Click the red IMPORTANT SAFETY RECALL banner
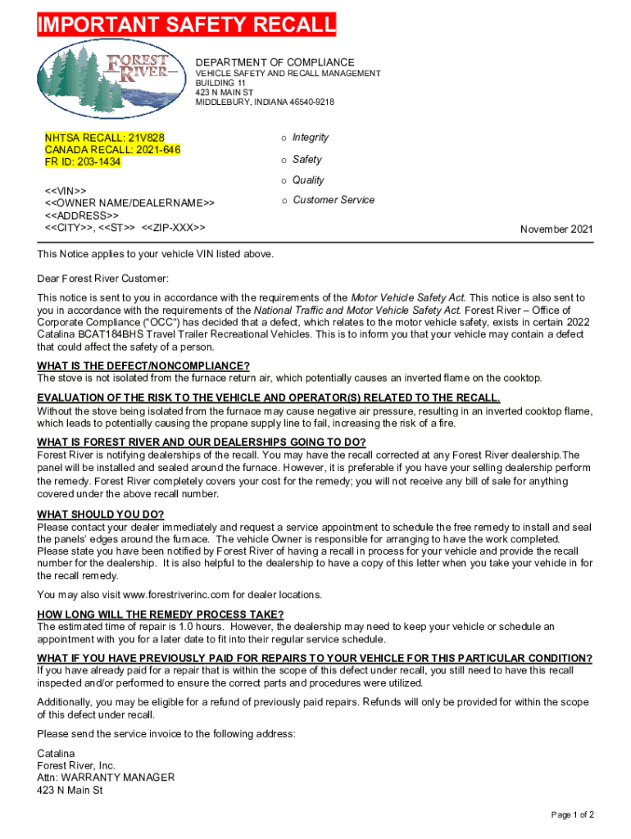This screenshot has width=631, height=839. point(187,25)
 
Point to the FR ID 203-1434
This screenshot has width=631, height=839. point(98,161)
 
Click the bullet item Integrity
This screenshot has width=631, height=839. point(311,138)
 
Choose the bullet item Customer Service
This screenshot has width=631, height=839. point(334,200)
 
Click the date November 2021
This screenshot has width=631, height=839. point(556,230)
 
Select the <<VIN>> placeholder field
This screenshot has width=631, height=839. point(65,191)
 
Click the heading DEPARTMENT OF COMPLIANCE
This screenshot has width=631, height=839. point(275,62)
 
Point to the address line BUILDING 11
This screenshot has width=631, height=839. point(220,83)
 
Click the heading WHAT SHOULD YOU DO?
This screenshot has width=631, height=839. point(101,515)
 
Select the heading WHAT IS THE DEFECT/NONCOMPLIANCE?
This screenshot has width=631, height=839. point(143,365)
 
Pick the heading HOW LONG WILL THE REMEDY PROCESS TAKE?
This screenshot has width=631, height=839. point(161,615)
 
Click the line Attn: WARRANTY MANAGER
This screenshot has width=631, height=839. point(106,778)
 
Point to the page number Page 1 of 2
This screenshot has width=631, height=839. point(572,814)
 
